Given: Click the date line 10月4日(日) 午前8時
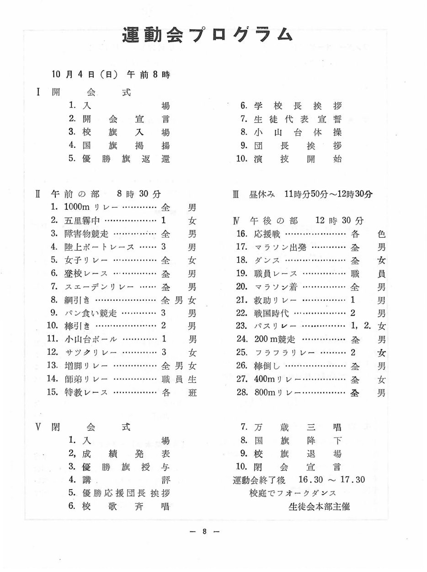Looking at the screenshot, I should pyautogui.click(x=111, y=75).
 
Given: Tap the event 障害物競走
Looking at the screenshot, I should pyautogui.click(x=86, y=234).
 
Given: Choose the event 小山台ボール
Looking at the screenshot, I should pyautogui.click(x=91, y=339).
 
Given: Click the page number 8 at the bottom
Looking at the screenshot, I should pyautogui.click(x=205, y=531).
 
